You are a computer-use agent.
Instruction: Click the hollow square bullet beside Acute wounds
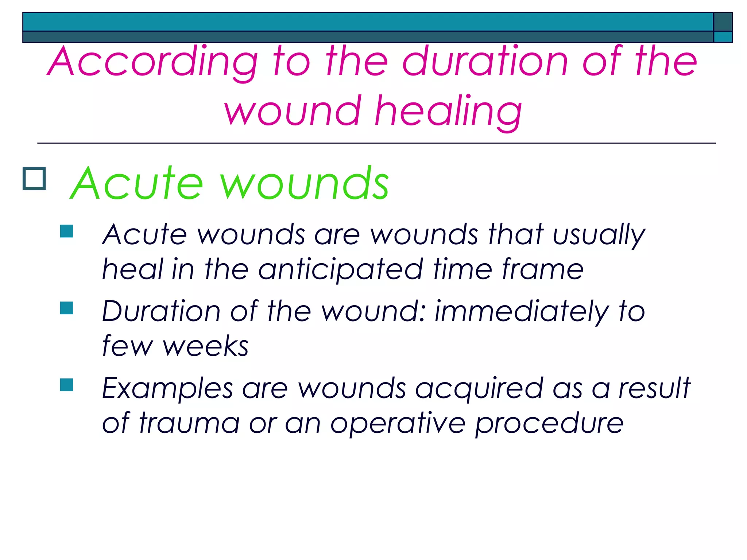tap(34, 179)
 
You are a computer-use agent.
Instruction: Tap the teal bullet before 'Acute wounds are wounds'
tap(67, 231)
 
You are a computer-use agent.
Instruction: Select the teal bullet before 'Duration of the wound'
tap(67, 308)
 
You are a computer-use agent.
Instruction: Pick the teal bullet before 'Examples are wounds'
tap(67, 385)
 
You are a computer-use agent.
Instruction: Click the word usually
tap(599, 235)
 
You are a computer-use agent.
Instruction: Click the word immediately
tap(521, 312)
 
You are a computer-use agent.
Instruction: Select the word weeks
tap(206, 346)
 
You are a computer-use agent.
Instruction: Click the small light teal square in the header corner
tap(723, 37)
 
